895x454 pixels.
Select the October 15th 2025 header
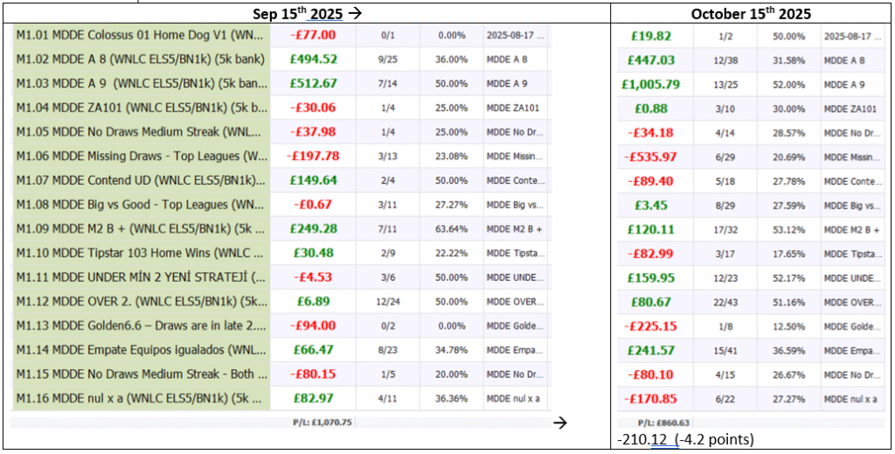(x=751, y=13)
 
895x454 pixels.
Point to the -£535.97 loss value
(x=651, y=157)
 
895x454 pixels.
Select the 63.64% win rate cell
(x=451, y=228)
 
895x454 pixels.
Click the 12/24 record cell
(x=388, y=301)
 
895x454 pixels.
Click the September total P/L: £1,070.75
(x=322, y=422)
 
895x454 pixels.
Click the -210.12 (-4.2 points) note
(x=684, y=438)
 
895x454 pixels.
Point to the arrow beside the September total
(x=561, y=423)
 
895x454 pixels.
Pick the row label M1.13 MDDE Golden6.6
(x=140, y=325)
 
